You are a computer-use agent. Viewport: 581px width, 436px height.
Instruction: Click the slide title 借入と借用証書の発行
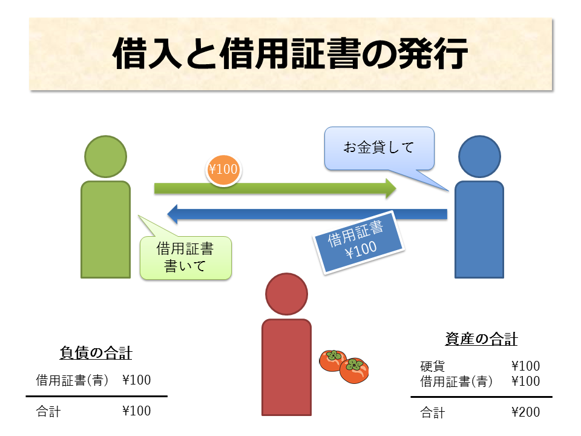(290, 54)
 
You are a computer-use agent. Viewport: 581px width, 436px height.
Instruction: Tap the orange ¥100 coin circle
(223, 170)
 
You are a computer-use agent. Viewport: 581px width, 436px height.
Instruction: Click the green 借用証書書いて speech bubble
(186, 257)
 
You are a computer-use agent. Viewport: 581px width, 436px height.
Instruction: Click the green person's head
(106, 156)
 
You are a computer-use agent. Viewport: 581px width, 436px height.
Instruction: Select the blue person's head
(479, 156)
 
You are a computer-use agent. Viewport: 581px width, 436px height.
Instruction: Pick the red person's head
(286, 294)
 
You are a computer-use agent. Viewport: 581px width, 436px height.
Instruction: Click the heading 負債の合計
(96, 352)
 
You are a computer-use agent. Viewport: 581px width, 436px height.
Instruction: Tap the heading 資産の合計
(481, 339)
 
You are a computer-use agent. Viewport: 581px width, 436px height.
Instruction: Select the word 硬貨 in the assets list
(433, 366)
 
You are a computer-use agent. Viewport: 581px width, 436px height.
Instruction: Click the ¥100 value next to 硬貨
(525, 366)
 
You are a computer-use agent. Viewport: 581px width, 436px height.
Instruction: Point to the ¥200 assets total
(525, 412)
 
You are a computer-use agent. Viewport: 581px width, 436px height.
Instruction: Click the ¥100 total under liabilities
(136, 411)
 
